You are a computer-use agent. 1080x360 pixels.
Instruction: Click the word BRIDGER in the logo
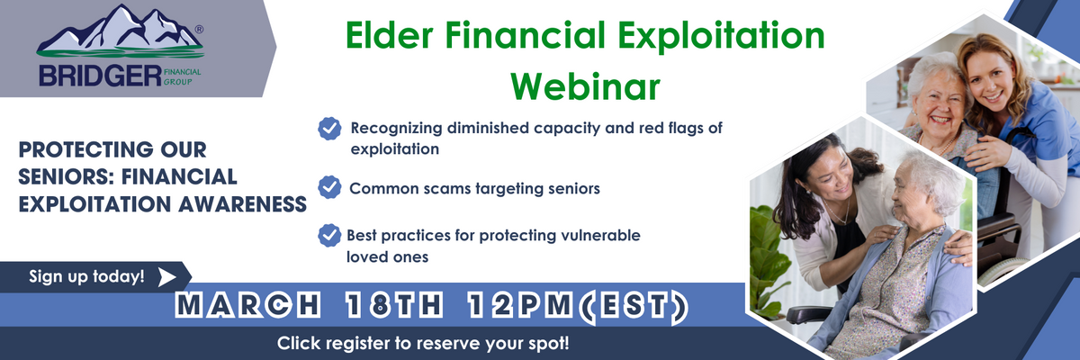(100, 76)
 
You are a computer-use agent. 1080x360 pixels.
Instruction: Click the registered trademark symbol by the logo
(199, 30)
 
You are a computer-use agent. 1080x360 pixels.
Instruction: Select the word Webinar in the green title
(585, 86)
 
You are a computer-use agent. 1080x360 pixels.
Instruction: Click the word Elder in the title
(389, 36)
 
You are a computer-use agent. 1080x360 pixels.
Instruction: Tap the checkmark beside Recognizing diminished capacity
(329, 129)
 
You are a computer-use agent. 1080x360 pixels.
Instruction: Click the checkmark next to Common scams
(329, 187)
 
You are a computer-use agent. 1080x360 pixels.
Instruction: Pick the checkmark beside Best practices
(329, 235)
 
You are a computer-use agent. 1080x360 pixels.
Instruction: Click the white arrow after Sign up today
(166, 277)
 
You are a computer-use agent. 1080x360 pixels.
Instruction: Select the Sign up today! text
(86, 276)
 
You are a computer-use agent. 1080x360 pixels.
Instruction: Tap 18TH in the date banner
(394, 305)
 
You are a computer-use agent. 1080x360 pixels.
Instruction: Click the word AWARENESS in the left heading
(242, 204)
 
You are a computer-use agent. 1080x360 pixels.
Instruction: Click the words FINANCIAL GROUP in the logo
(182, 76)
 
